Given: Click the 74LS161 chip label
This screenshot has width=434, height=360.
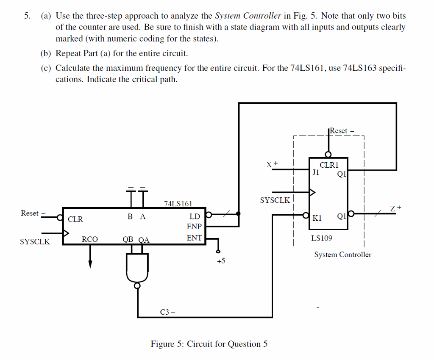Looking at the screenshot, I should (178, 204).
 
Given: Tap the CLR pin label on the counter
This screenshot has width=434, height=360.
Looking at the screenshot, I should (75, 219).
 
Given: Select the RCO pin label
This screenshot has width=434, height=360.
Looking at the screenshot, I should (90, 239).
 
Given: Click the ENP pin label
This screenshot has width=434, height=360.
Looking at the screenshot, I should (194, 227).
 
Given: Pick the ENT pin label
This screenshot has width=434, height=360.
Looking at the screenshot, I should (194, 238).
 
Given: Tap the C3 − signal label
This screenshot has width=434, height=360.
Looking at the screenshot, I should (168, 313).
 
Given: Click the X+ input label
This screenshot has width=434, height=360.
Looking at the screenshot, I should (272, 164).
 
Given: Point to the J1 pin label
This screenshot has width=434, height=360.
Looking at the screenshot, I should (315, 172).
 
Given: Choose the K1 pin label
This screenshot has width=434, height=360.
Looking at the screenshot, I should (317, 218).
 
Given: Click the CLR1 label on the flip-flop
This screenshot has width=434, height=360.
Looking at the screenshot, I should (328, 165).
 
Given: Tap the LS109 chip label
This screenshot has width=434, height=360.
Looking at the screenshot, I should (322, 238).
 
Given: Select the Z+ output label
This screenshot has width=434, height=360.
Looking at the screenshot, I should (395, 208).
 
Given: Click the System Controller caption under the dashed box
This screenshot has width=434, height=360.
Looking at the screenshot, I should (342, 255).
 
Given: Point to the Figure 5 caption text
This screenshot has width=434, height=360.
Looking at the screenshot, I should (209, 344).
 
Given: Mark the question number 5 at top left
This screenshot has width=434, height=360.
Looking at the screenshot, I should (27, 16).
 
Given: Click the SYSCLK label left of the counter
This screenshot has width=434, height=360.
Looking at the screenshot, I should (35, 242).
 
